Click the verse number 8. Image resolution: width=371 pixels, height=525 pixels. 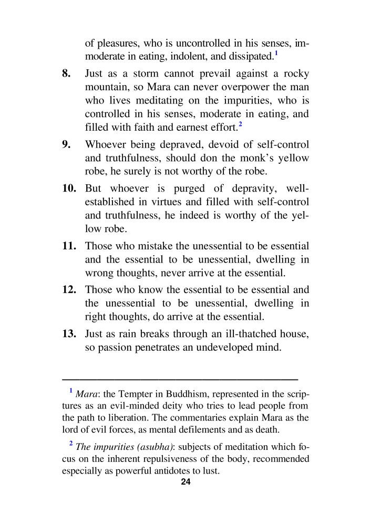[x=66, y=73]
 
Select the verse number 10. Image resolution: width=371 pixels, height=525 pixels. [x=69, y=188]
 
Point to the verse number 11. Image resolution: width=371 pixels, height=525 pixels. [x=69, y=246]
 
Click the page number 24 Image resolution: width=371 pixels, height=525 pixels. [x=185, y=482]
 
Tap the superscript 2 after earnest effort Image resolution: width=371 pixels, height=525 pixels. [x=240, y=124]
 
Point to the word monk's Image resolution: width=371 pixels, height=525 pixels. [x=253, y=159]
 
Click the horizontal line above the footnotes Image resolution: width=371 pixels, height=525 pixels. [x=180, y=378]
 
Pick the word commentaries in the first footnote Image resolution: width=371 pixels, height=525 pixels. [x=198, y=418]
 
